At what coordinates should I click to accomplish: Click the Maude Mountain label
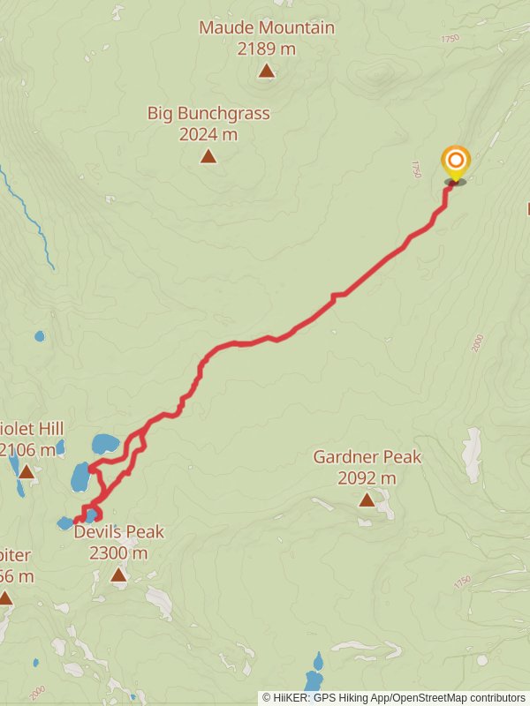coord(267,27)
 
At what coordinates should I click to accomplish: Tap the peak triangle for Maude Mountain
coord(267,71)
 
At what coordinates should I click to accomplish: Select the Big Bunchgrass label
coord(208,113)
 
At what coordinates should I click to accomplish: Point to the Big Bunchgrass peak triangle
coord(208,157)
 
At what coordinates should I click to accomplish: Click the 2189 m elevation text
coord(267,49)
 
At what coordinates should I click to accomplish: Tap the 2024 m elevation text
coord(208,134)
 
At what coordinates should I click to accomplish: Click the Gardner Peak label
coord(367,457)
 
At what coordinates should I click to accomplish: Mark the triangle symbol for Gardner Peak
coord(367,500)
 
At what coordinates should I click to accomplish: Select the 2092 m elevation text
coord(367,478)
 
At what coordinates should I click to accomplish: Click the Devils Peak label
coord(118,532)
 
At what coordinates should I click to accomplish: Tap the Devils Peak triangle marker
coord(118,575)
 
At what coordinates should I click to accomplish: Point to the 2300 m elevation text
coord(118,553)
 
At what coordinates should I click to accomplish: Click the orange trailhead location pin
coord(455,161)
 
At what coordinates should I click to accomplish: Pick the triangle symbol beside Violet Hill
coord(26,472)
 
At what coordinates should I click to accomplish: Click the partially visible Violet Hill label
coord(32,428)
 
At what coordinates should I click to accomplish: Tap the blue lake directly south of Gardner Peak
coord(314,675)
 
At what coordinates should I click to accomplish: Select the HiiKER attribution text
coord(394,697)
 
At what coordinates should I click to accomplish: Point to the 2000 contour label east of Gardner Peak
coord(478,343)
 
